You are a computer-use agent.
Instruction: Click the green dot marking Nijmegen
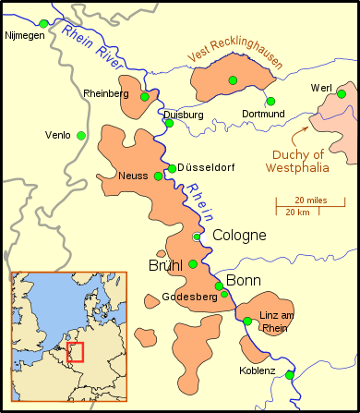(43, 23)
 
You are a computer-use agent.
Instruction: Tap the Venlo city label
(57, 136)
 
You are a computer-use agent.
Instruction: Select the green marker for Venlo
(81, 136)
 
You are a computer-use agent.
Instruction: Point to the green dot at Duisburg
(169, 123)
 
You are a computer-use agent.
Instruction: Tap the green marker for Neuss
(158, 176)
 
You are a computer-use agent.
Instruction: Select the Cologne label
(239, 236)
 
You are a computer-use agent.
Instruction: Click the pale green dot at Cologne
(197, 237)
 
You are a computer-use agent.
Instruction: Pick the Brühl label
(167, 265)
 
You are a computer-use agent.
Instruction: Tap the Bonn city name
(244, 280)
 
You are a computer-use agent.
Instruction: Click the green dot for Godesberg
(224, 294)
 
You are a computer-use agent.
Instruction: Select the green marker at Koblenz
(289, 375)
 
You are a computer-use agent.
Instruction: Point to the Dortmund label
(265, 114)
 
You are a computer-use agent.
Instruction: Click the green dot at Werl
(342, 93)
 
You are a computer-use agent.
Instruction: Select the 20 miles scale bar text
(312, 200)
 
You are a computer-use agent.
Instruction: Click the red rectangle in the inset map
(76, 352)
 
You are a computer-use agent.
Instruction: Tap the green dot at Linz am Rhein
(247, 322)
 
